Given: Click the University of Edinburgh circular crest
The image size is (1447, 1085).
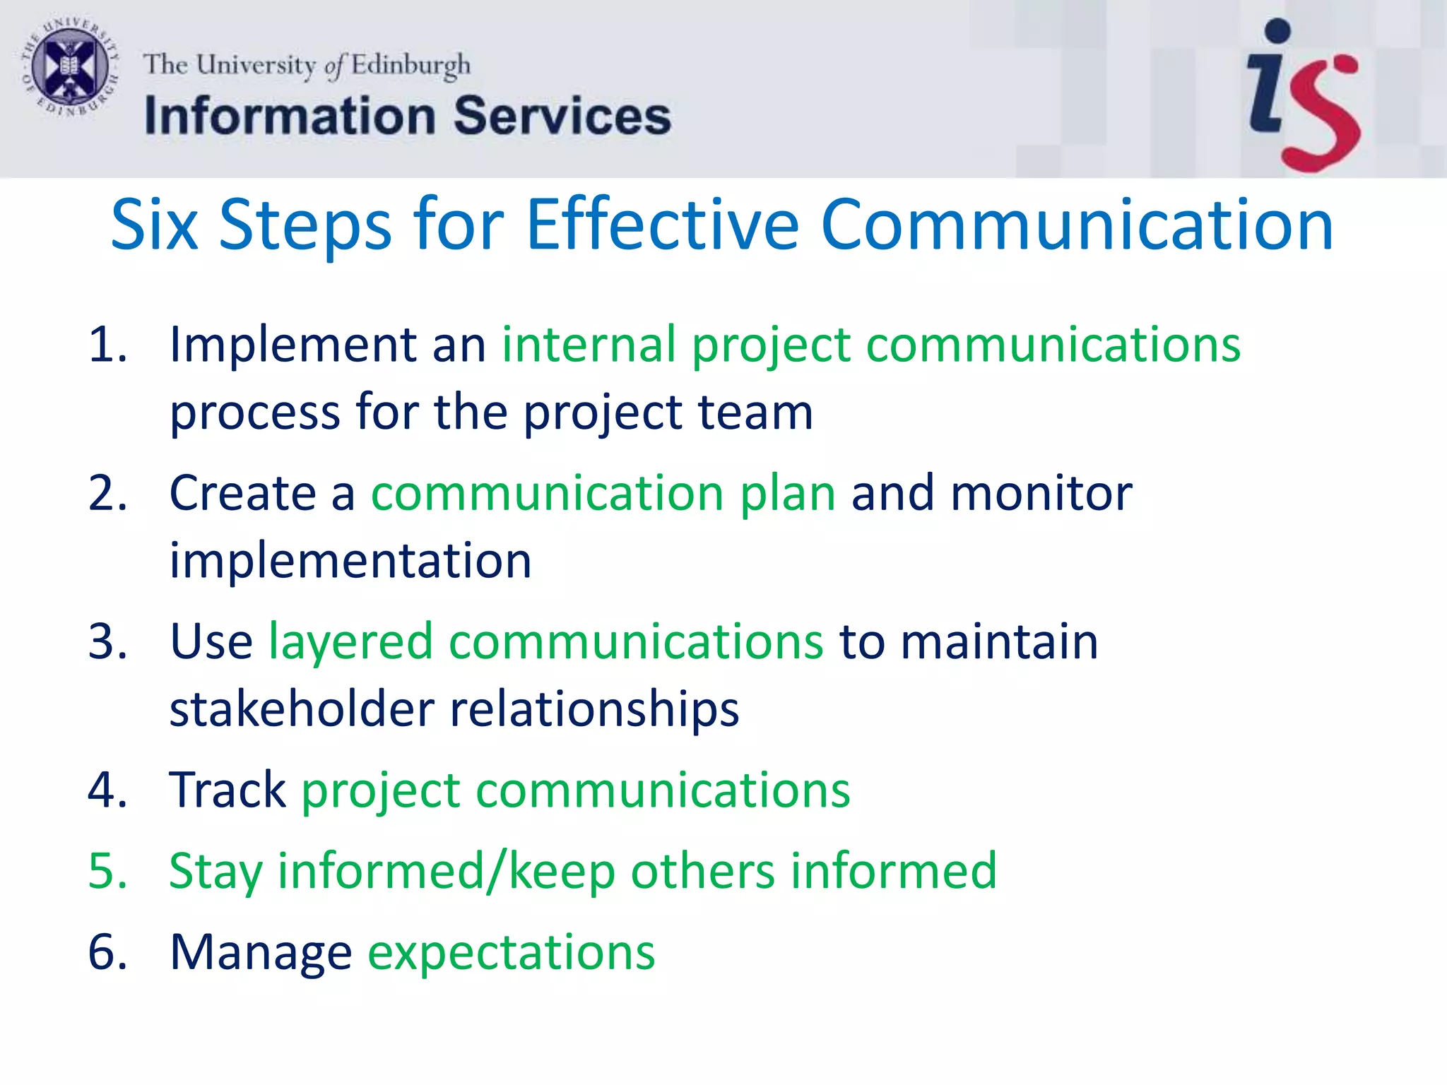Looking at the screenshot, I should coord(69,69).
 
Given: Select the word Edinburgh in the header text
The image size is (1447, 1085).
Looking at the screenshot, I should coord(411,66).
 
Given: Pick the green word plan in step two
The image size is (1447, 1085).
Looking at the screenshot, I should coord(788,493).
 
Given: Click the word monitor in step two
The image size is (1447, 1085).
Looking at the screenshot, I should coord(1041,493).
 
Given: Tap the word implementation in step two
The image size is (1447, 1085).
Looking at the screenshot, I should coord(350,560).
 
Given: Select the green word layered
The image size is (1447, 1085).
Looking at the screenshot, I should coord(350,642).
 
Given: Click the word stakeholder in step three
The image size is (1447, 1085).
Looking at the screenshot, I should coord(302,708).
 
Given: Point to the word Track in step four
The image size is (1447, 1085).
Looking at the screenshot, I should coord(228,790).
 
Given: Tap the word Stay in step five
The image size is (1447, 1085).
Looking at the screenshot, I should coord(215,871).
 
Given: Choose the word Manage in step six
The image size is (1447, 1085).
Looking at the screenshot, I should coord(261,952).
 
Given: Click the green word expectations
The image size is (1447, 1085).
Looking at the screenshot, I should coord(512,952).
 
